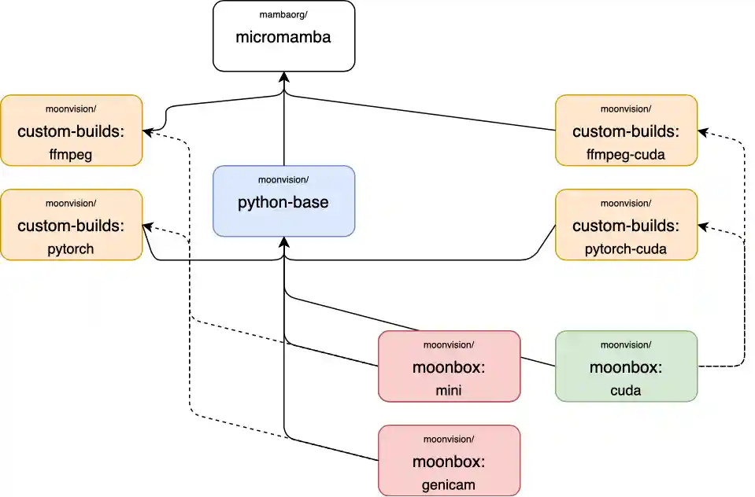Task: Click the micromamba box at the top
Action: tap(283, 36)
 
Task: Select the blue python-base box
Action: tap(283, 201)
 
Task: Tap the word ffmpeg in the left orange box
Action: tap(71, 154)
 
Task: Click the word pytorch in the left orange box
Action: tap(71, 248)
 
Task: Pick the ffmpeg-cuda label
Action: tap(626, 154)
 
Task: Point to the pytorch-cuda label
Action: tap(626, 248)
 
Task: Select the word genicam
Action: tap(449, 484)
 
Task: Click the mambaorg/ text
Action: tap(283, 15)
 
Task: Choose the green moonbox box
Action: tap(626, 366)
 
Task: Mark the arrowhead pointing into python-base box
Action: tap(283, 241)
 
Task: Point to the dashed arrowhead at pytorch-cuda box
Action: tap(703, 226)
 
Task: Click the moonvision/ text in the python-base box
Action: tap(283, 180)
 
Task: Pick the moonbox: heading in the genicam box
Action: tap(449, 462)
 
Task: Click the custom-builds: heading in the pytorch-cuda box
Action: tap(626, 226)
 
